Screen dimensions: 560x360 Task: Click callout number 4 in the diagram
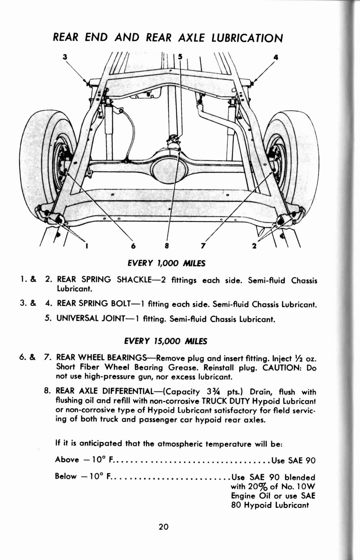coord(276,57)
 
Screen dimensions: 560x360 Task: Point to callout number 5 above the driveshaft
coord(180,56)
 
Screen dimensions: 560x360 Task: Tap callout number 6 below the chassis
coord(133,246)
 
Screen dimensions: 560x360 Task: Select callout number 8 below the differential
coord(167,246)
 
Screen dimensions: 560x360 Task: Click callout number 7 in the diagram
coord(203,246)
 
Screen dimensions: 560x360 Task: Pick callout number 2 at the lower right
coord(254,246)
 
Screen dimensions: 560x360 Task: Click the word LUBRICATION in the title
coord(247,38)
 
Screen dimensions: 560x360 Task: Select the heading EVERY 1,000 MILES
coord(166,263)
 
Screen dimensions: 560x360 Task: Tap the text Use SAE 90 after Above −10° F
coord(293,460)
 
